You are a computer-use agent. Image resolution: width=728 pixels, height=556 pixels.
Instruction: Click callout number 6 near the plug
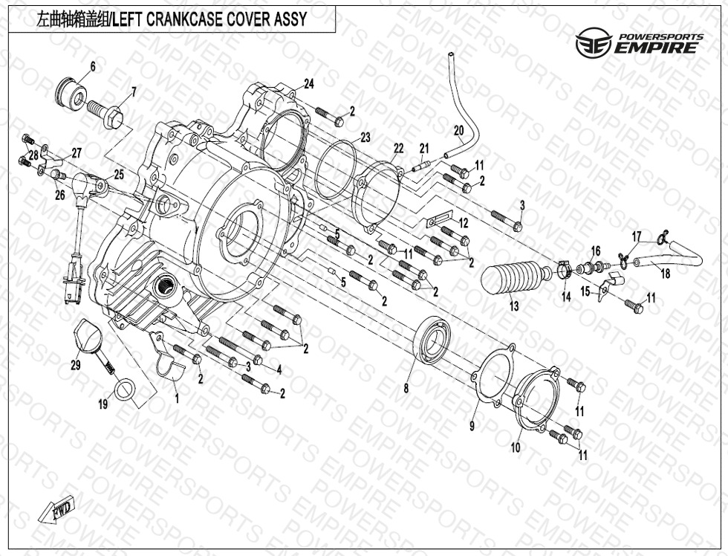coord(93,67)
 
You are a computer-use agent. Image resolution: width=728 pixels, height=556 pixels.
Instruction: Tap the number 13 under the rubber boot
coord(513,306)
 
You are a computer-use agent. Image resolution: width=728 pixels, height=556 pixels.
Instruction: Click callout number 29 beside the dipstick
coord(75,365)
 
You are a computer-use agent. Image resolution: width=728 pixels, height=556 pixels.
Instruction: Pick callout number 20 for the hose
coord(458,130)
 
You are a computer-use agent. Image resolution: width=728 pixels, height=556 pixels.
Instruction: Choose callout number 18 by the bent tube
coord(665,274)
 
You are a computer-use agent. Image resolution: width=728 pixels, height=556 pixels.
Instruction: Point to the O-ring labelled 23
coord(334,170)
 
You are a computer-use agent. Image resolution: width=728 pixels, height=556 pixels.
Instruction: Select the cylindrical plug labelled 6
coord(73,93)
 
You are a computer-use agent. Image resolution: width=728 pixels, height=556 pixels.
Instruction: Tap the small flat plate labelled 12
coord(439,222)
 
